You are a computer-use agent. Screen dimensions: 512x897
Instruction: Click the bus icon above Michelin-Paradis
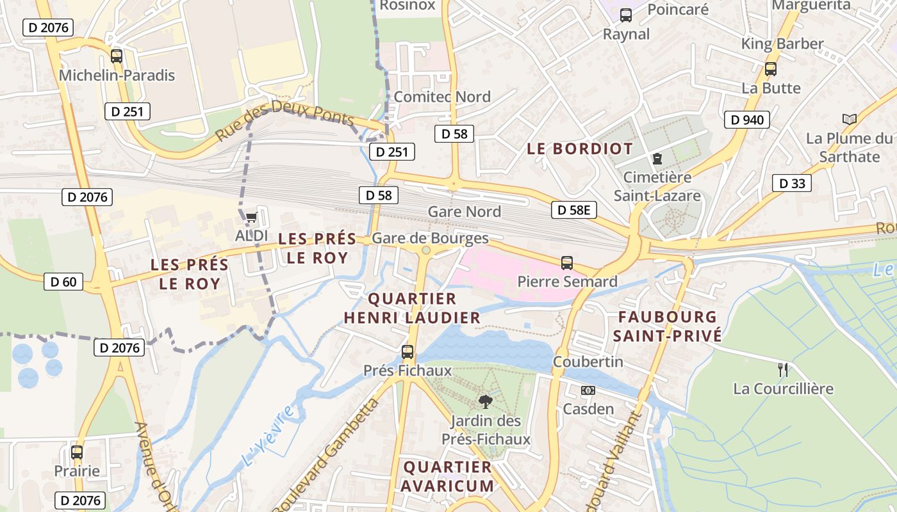point(116,56)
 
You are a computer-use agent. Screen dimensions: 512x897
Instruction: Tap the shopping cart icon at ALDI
point(251,218)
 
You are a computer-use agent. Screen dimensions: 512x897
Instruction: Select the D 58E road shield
point(573,210)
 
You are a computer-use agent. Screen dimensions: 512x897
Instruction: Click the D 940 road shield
point(746,120)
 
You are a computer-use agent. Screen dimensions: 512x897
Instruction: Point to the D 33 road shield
point(791,183)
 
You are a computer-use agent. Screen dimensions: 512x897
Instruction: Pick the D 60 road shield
point(63,281)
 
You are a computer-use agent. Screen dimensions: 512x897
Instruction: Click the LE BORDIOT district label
point(580,149)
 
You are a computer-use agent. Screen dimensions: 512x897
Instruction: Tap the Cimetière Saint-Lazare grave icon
point(657,158)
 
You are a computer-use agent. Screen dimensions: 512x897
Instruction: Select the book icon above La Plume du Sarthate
point(849,119)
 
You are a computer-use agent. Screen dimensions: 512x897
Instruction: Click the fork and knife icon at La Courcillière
point(782,369)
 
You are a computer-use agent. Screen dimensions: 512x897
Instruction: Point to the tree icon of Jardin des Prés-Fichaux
point(486,402)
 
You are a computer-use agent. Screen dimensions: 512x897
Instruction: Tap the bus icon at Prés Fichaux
point(407,352)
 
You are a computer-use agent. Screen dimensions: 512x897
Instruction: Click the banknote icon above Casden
point(588,390)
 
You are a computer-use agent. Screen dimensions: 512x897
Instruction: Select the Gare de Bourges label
point(430,239)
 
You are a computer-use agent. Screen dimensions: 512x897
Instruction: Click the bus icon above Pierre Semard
point(567,262)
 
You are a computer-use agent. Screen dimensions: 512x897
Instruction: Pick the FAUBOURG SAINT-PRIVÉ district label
point(667,326)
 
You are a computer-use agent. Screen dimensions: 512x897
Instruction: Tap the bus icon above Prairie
point(77,452)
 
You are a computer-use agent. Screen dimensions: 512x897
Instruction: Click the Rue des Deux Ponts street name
point(284,120)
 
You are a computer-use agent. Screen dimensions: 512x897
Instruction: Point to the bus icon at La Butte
point(771,69)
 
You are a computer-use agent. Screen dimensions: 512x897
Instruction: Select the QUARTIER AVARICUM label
point(448,476)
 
